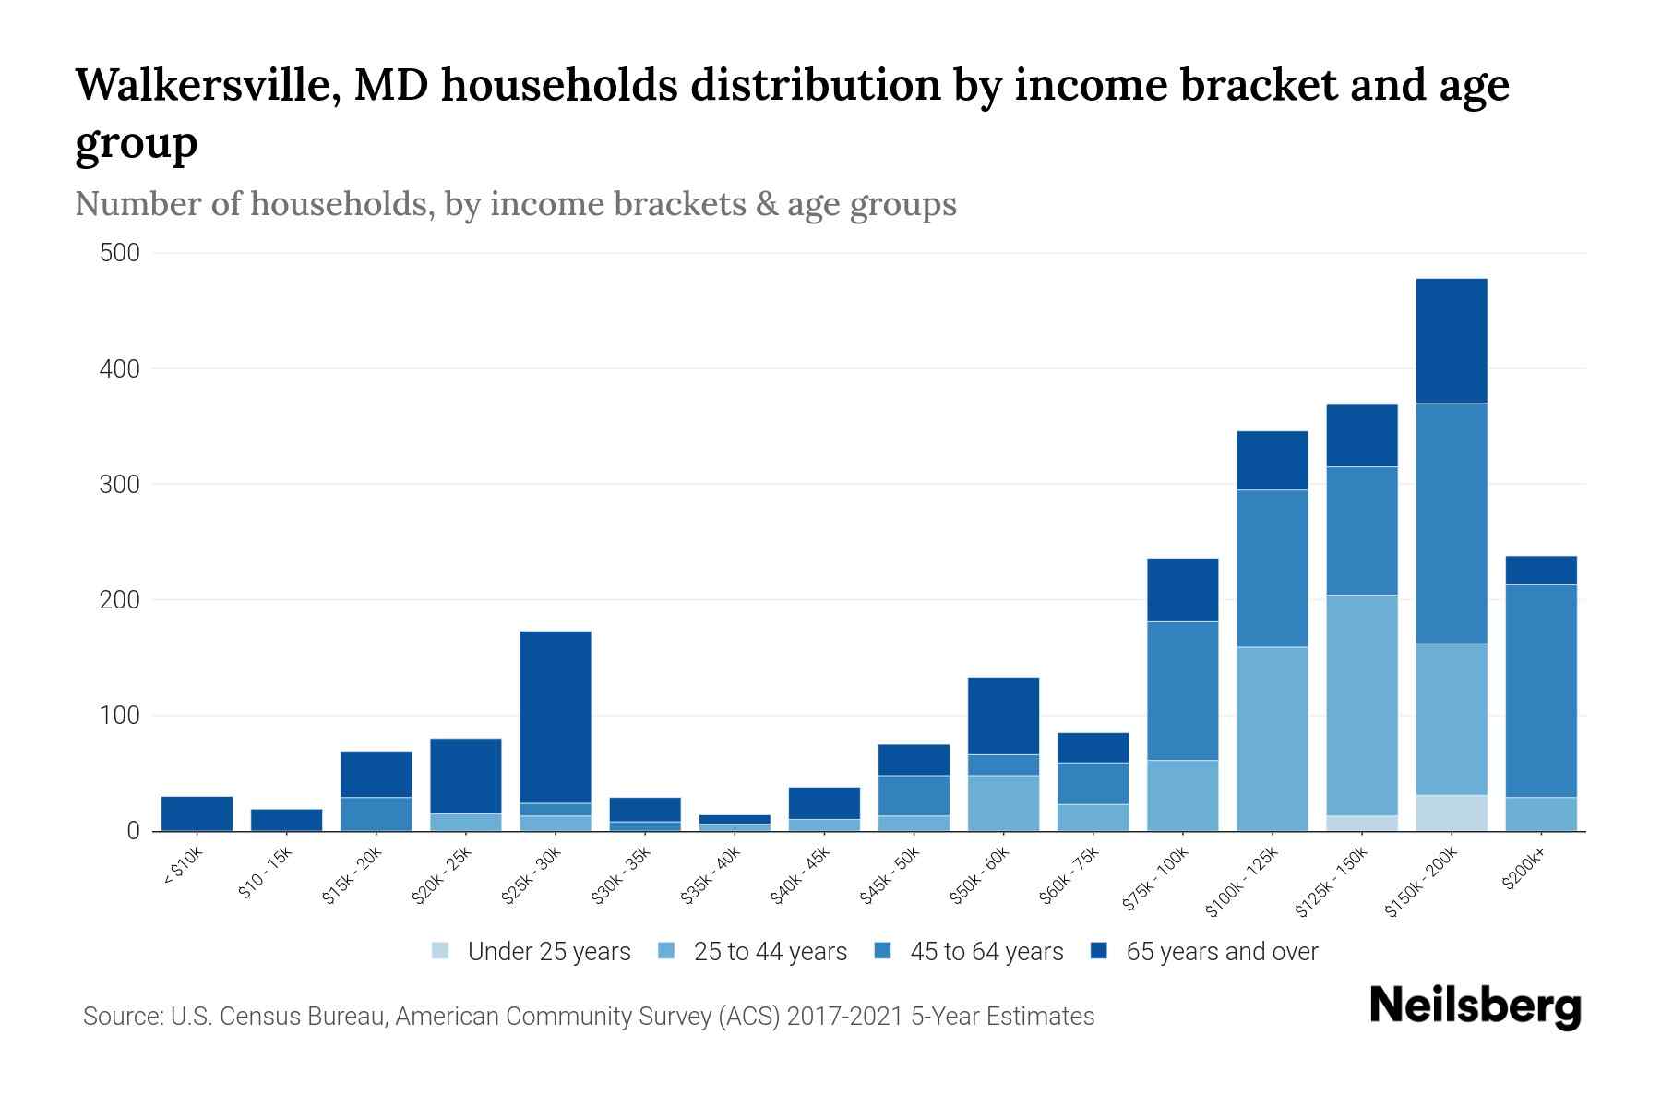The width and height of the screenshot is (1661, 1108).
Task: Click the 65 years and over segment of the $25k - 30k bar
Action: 556,717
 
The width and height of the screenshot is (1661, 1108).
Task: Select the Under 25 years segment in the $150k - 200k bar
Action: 1452,813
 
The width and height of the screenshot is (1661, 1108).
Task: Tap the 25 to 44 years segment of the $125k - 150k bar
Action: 1362,705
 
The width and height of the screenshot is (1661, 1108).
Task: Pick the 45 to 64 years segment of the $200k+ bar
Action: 1541,691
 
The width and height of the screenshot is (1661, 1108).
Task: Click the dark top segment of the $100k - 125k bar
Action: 1273,460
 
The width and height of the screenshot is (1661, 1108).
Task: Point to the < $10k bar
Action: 197,813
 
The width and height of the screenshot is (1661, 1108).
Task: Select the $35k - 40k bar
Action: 735,823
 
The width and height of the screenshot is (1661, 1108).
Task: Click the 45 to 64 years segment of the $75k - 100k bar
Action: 1183,691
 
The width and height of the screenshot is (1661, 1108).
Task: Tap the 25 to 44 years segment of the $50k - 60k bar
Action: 1003,802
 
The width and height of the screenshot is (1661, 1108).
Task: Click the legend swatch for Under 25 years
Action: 441,951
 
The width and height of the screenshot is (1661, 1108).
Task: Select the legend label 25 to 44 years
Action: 770,952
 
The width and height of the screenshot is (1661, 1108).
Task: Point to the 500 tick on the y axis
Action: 119,253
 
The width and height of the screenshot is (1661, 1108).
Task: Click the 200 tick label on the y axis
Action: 119,600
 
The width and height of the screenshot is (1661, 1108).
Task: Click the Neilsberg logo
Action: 1475,1006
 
